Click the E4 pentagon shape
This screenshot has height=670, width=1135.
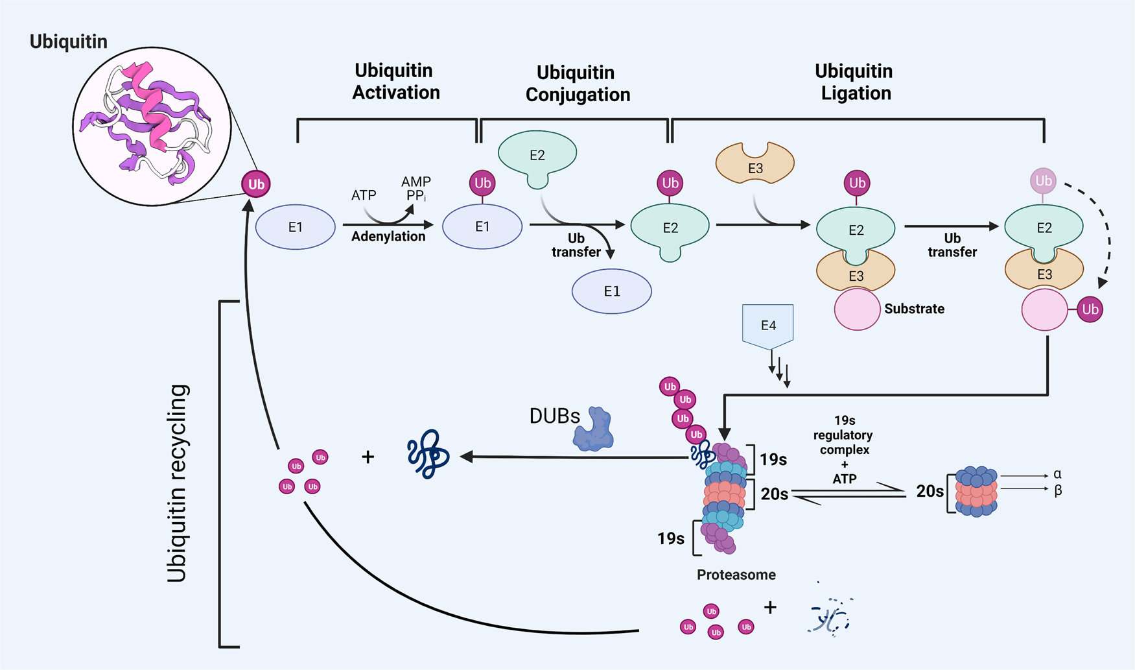coord(767,326)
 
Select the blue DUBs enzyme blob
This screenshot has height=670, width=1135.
coord(594,430)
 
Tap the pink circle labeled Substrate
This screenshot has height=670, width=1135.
coord(856,309)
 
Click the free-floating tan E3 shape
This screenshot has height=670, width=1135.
coord(755,165)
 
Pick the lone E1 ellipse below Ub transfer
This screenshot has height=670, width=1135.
coord(611,291)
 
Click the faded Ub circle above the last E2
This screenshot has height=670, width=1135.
coord(1043,181)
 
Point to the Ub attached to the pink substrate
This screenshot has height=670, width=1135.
coord(1090,309)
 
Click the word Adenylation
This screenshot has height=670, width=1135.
coord(388,237)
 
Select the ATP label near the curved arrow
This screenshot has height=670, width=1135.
coord(364,195)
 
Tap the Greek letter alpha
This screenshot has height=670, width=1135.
coord(1057,474)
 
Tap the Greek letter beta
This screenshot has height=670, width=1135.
coord(1058,491)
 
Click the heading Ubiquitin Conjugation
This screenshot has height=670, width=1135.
coord(577,84)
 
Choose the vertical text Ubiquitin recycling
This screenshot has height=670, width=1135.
coord(177,483)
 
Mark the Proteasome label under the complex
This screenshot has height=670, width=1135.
coord(736,575)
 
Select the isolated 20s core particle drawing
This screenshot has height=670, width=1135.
coord(976,491)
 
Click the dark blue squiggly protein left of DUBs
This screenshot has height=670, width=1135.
coord(428,454)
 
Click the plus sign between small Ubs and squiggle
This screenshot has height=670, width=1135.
coord(368,457)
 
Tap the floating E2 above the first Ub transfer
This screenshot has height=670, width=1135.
coord(537,156)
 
